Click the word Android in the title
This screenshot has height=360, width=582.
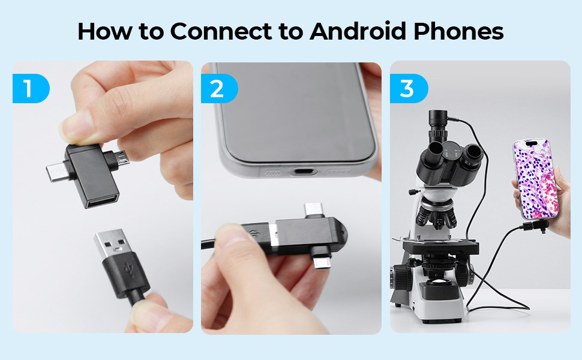tap(358, 31)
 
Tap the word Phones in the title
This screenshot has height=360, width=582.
tap(458, 31)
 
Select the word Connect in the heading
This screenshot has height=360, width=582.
tap(221, 31)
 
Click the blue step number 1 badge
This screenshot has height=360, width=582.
tap(31, 88)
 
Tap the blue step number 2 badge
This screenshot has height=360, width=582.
tap(219, 88)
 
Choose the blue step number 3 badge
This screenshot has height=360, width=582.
tap(409, 88)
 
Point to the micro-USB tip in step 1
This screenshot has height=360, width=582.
tap(123, 158)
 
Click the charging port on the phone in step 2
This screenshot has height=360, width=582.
tap(303, 172)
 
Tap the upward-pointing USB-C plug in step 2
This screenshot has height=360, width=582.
tap(314, 210)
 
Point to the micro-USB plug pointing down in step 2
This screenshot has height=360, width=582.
tap(322, 262)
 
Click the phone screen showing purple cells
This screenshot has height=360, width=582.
tap(536, 178)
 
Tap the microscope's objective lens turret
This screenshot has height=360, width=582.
tap(436, 215)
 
